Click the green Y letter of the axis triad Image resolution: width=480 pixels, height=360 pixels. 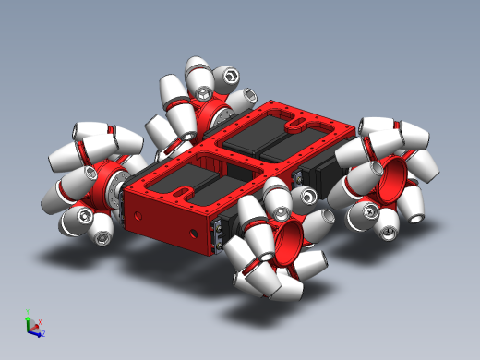point(29,312)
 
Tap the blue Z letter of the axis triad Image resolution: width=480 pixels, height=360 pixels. point(42,333)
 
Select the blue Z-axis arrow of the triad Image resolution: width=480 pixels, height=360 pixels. point(37,330)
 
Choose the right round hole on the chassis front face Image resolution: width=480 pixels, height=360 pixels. point(192,231)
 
